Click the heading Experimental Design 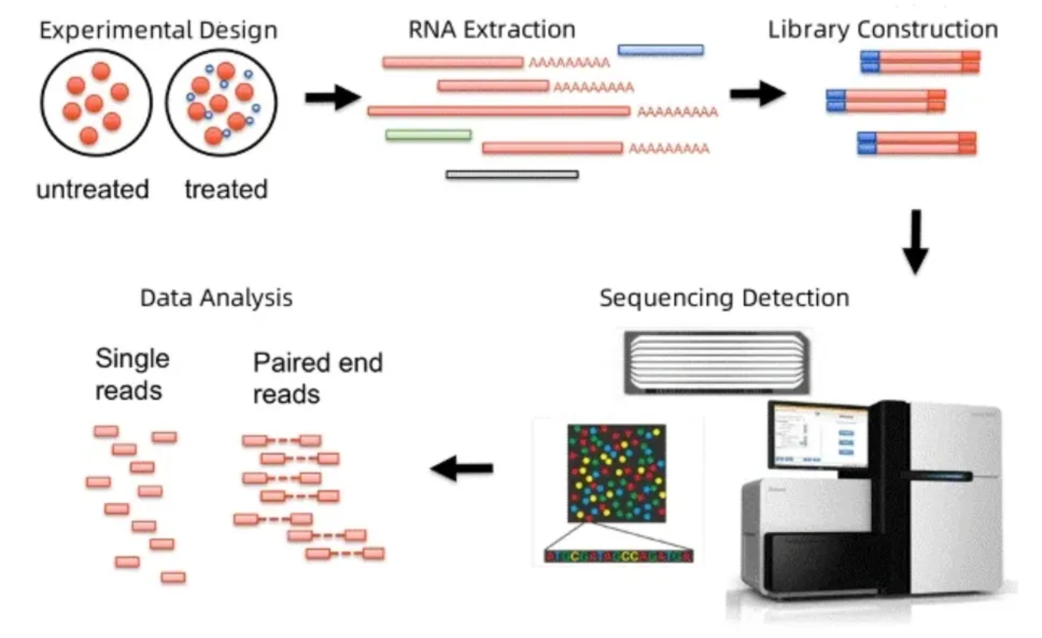point(159,31)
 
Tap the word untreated point(92,190)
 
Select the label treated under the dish point(226,190)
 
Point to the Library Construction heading point(883,30)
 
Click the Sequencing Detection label point(724,298)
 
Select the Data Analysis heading point(216,298)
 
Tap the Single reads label point(132,374)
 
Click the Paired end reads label point(318,378)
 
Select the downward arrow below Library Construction point(916,239)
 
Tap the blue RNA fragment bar point(660,49)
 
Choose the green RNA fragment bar point(428,135)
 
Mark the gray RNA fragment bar point(512,174)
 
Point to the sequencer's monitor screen point(817,435)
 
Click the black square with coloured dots point(616,473)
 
